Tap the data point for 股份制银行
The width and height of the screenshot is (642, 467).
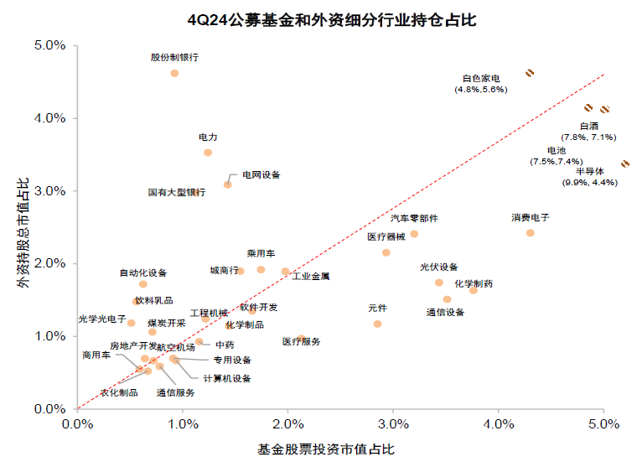click(174, 73)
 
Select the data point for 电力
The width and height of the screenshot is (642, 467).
click(208, 153)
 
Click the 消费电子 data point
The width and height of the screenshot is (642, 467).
click(530, 232)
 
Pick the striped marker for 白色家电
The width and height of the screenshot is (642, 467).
click(530, 73)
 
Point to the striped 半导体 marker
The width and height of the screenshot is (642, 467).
click(625, 164)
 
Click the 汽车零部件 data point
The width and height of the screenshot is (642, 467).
click(414, 234)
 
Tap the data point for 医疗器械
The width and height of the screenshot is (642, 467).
click(386, 252)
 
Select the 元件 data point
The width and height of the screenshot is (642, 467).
click(377, 324)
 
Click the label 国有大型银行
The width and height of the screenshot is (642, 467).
click(176, 192)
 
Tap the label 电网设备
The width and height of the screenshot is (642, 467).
click(261, 174)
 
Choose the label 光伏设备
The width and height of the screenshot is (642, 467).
click(439, 267)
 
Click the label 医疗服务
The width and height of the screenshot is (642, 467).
click(301, 341)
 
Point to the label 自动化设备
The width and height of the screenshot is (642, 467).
click(143, 272)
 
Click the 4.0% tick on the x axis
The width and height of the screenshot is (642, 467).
click(499, 424)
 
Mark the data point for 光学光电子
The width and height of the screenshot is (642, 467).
click(132, 323)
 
